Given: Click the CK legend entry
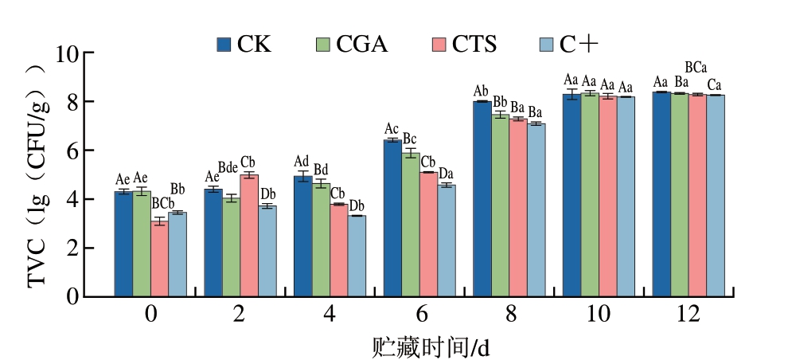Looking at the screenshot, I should (244, 44).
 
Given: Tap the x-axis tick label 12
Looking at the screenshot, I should (689, 315).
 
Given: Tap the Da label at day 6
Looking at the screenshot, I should (447, 174).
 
